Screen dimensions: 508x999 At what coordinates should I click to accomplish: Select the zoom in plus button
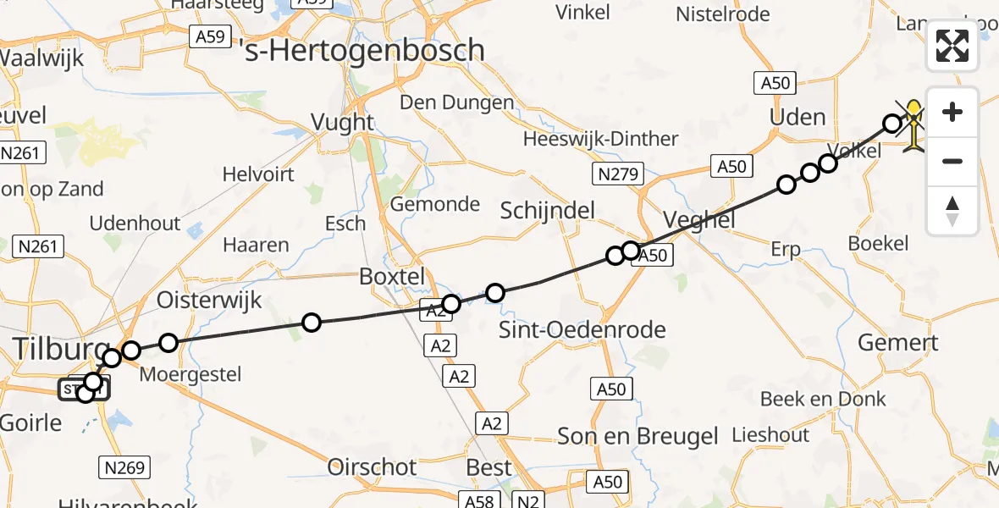point(952,112)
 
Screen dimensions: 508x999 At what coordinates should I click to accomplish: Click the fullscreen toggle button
point(952,46)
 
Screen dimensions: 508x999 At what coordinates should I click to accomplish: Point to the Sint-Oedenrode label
point(582,329)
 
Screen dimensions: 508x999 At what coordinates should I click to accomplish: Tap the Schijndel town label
point(547,211)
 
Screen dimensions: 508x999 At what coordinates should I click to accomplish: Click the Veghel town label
point(699,221)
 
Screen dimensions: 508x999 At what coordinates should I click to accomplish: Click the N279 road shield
point(617,174)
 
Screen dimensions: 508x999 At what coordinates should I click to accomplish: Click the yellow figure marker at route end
point(915,125)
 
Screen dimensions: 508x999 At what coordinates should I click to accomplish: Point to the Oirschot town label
point(373,467)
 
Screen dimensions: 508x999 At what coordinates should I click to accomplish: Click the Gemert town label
point(897,343)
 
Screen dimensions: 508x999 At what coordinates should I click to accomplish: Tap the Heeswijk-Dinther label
point(600,139)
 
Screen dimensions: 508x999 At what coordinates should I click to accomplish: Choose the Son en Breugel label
point(637,436)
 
